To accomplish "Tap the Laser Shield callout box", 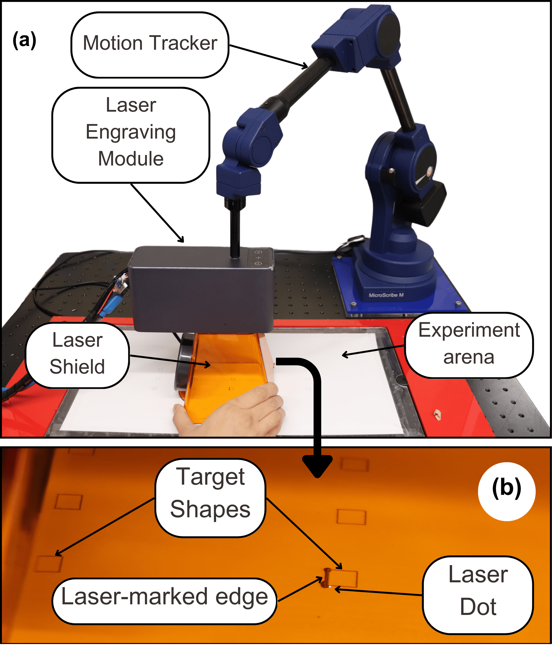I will (x=77, y=355).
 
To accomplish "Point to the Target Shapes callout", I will (x=210, y=495).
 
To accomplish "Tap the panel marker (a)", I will (x=24, y=40).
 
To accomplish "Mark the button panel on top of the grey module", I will (x=258, y=258).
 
